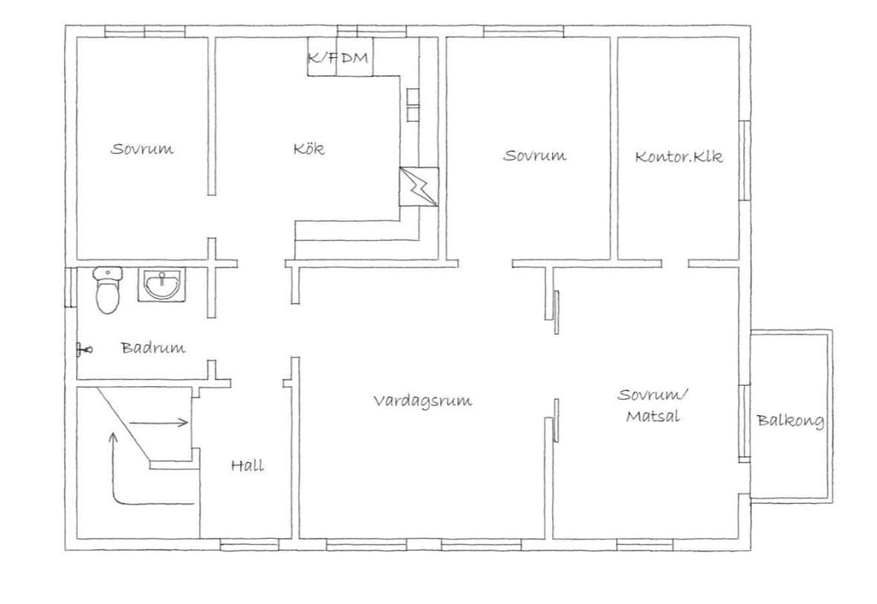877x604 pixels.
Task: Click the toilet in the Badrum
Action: tap(108, 291)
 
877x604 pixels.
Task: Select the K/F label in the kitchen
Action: tap(321, 59)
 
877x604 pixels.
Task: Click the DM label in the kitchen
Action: tap(354, 59)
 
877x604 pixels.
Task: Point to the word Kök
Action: tap(309, 149)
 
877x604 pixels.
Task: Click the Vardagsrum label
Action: tap(422, 401)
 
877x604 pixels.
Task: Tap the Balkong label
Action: tap(790, 421)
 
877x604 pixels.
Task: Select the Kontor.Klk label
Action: tap(678, 157)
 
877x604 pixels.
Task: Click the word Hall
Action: tap(247, 466)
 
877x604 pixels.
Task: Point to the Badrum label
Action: tap(153, 347)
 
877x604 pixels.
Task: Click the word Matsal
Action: tap(652, 416)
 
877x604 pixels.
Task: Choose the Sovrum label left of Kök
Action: tap(142, 149)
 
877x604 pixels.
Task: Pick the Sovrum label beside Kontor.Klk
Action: tap(535, 156)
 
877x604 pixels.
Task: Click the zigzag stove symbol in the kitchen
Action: tap(419, 186)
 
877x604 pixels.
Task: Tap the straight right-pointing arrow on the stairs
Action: tap(159, 423)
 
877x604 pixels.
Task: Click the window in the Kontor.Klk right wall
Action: tap(742, 160)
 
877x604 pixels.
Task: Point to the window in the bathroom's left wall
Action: tap(69, 286)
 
